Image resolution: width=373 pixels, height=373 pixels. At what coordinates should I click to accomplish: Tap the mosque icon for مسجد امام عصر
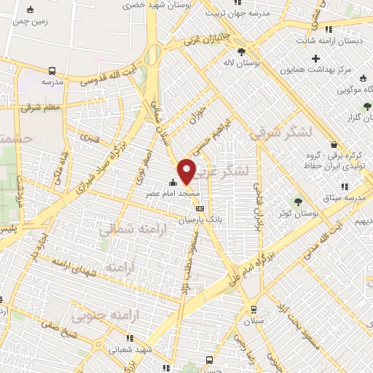(173, 183)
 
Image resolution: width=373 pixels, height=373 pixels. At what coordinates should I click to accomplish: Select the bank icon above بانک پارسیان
(200, 209)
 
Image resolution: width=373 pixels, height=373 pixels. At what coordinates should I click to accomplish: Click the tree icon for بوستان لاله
(242, 51)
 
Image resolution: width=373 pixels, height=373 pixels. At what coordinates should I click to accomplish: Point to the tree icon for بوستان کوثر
(298, 201)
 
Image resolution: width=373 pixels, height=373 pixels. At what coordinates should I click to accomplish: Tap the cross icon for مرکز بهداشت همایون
(315, 58)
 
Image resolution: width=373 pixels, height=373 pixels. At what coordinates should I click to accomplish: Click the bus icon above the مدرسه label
(52, 71)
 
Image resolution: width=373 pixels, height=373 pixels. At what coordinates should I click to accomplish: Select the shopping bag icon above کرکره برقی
(333, 144)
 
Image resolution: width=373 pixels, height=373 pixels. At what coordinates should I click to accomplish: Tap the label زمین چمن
(29, 22)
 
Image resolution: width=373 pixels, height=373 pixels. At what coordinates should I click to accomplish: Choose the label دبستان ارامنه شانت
(334, 41)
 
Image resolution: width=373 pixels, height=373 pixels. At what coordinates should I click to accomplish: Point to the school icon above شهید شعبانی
(130, 338)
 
